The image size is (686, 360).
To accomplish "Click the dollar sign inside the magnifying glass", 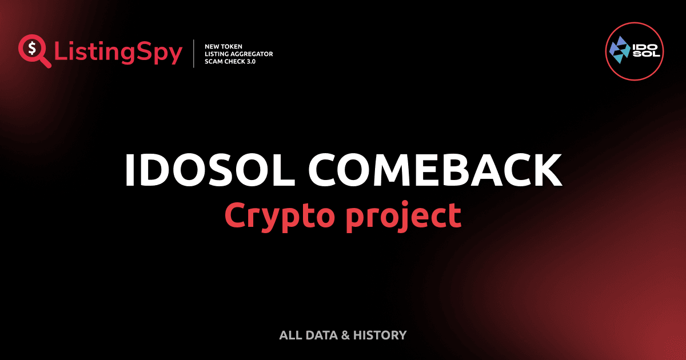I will [x=32, y=47].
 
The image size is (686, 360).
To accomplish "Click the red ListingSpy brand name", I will [x=118, y=53].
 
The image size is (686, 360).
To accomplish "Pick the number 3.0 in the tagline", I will [x=249, y=61].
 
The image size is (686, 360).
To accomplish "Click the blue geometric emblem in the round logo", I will [x=619, y=48].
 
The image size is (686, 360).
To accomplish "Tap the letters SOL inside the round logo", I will [x=646, y=54].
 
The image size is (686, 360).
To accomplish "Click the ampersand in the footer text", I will [x=345, y=335].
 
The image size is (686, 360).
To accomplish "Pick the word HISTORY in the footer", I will [x=380, y=335].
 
